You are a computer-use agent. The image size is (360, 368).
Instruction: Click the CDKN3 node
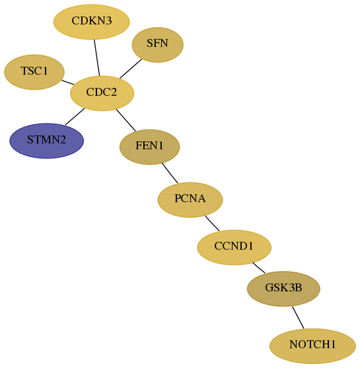point(92,22)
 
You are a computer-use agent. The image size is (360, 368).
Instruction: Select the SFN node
point(157,44)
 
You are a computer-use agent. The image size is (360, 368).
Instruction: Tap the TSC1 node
point(34,72)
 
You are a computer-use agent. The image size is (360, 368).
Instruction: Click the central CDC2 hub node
point(102,93)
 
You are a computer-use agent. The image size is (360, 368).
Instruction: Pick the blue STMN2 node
point(46,141)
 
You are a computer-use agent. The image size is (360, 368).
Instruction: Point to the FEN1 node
point(150,147)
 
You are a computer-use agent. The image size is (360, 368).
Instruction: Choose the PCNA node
point(190,200)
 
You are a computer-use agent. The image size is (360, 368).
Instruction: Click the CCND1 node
point(234,247)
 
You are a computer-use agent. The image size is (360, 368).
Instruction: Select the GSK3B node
point(283,289)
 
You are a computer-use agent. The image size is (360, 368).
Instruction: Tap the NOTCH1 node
point(312,346)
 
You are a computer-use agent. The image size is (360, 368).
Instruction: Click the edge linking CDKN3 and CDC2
point(97,57)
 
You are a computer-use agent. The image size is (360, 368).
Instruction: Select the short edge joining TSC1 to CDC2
point(67,83)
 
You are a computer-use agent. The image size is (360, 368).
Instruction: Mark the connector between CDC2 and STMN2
point(75,117)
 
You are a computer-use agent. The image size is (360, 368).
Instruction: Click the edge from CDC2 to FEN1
point(126,120)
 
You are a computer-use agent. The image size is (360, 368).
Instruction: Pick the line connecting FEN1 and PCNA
point(170,173)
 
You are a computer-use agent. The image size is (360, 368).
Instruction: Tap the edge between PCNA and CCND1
point(212,223)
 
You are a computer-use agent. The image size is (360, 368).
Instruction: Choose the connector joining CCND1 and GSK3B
point(259,268)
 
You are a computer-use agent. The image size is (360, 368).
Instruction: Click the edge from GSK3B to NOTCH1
point(298,318)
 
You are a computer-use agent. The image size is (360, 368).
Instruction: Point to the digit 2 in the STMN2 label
point(63,139)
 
